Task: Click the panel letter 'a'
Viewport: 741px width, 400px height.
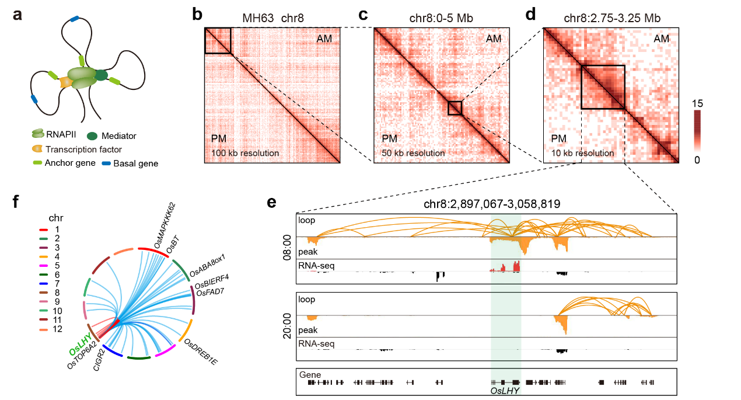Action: click(x=18, y=16)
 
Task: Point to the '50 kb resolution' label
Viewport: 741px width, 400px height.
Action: click(x=413, y=153)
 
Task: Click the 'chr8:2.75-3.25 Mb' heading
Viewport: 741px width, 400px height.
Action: click(x=610, y=17)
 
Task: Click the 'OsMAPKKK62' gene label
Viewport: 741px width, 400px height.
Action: click(x=165, y=224)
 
